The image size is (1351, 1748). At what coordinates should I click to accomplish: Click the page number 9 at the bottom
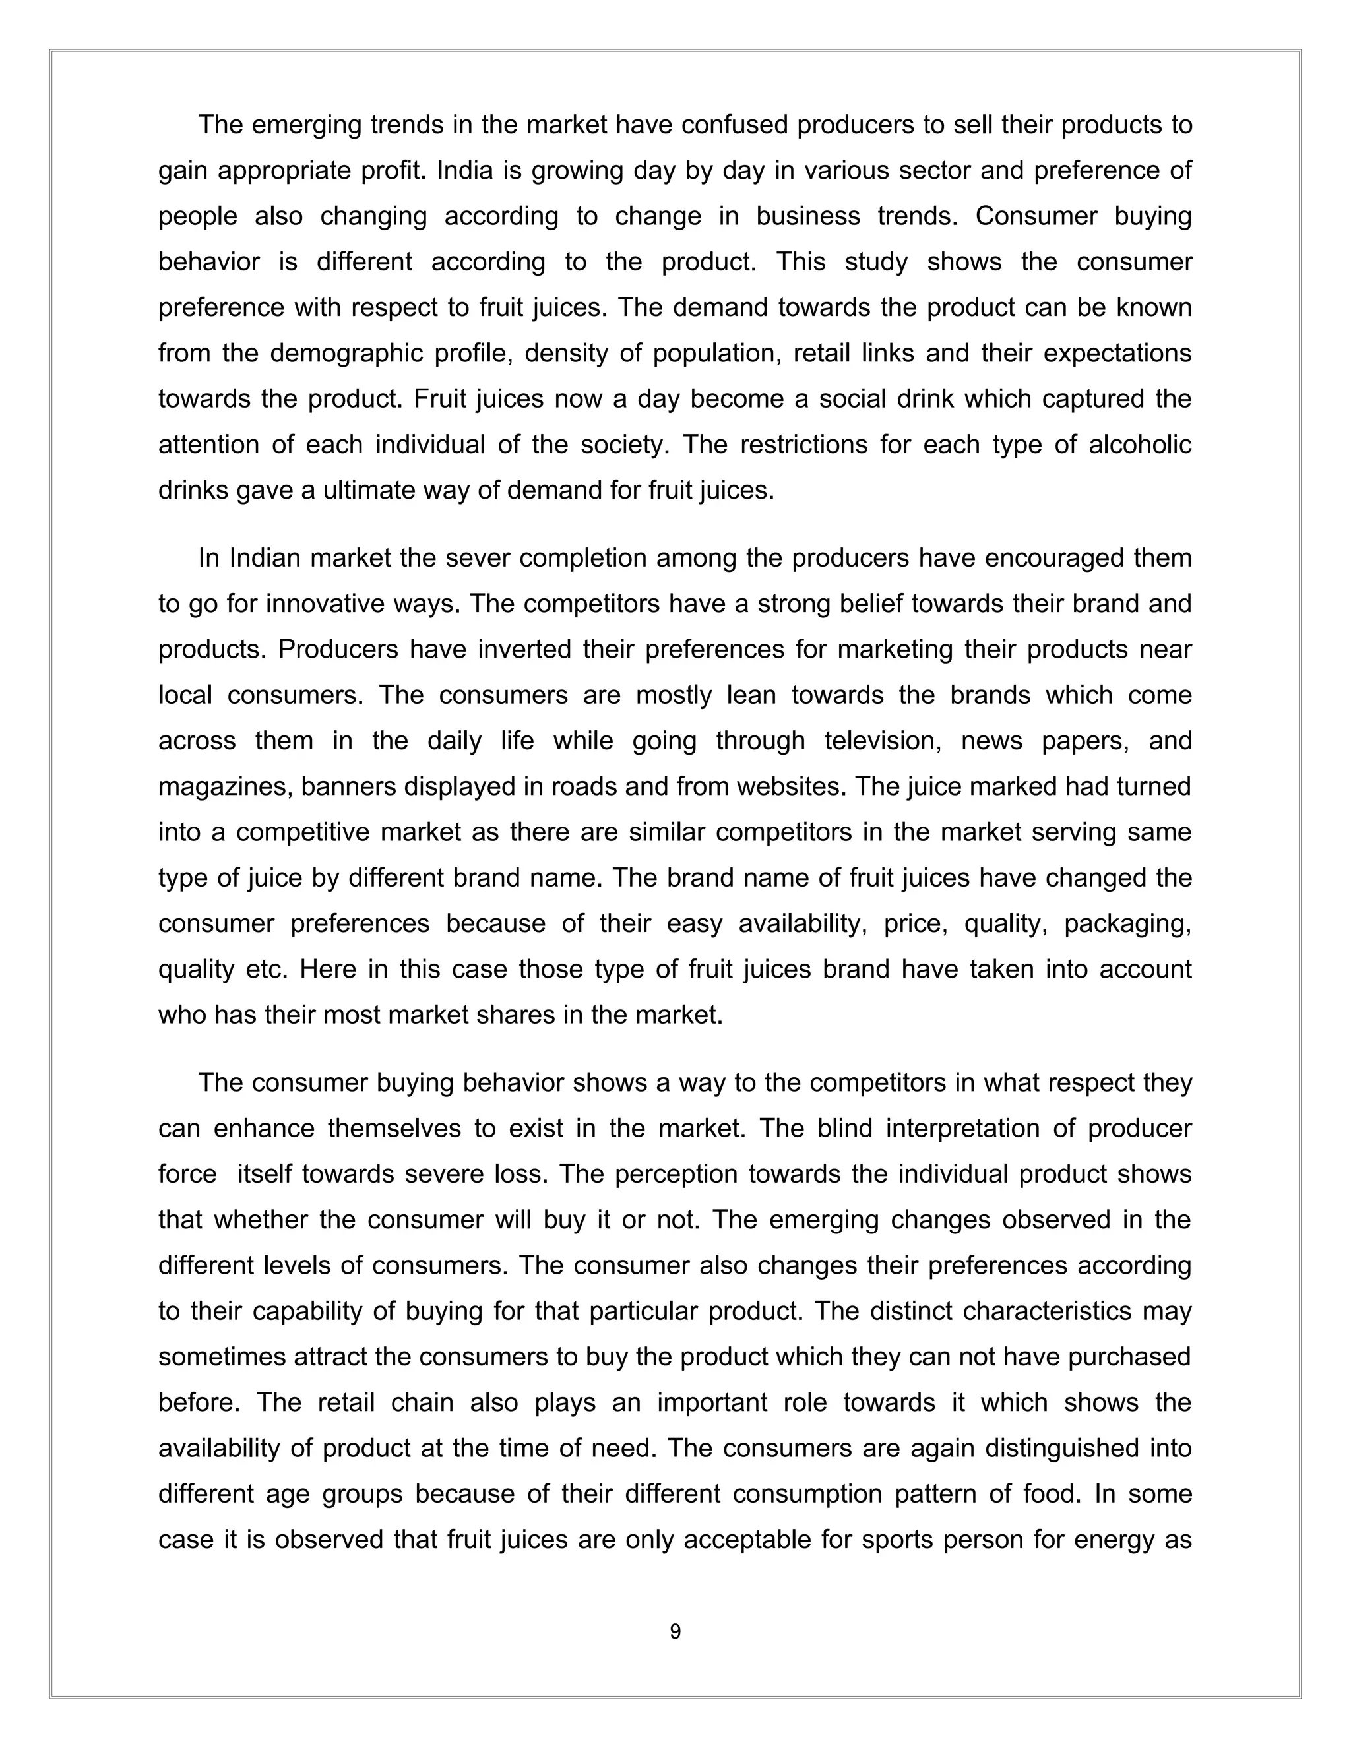click(675, 1631)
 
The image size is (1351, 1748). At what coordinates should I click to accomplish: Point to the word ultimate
click(374, 490)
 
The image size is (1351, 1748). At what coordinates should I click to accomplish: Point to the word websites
click(788, 786)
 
